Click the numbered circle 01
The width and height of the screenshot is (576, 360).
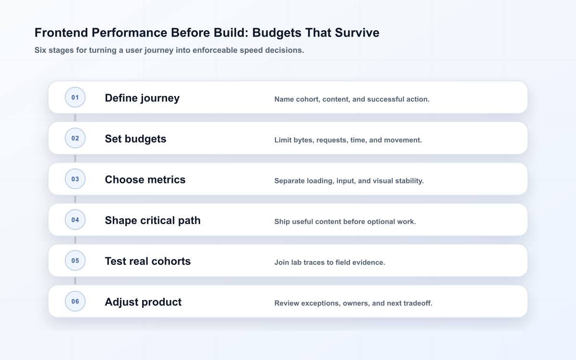(75, 97)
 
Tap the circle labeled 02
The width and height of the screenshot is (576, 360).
(75, 138)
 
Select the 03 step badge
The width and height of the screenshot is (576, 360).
(75, 179)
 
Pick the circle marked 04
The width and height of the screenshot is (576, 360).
(75, 220)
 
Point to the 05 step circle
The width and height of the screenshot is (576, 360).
(75, 261)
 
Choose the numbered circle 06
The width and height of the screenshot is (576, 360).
(75, 301)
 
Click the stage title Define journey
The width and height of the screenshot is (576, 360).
(142, 98)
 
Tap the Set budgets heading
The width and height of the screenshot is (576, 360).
(135, 139)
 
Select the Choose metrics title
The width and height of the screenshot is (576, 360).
(145, 180)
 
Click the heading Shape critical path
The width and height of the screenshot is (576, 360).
(153, 221)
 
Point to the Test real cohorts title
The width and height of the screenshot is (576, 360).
(148, 261)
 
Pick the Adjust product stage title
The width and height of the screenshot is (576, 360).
(143, 302)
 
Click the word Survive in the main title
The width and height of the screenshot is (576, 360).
(357, 33)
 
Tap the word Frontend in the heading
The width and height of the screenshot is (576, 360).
(61, 33)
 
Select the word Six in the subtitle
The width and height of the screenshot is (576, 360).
(40, 50)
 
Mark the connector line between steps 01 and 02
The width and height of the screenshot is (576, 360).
(75, 118)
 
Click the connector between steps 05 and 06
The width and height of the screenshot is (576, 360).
(75, 281)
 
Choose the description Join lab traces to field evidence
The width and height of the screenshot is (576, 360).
(330, 262)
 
